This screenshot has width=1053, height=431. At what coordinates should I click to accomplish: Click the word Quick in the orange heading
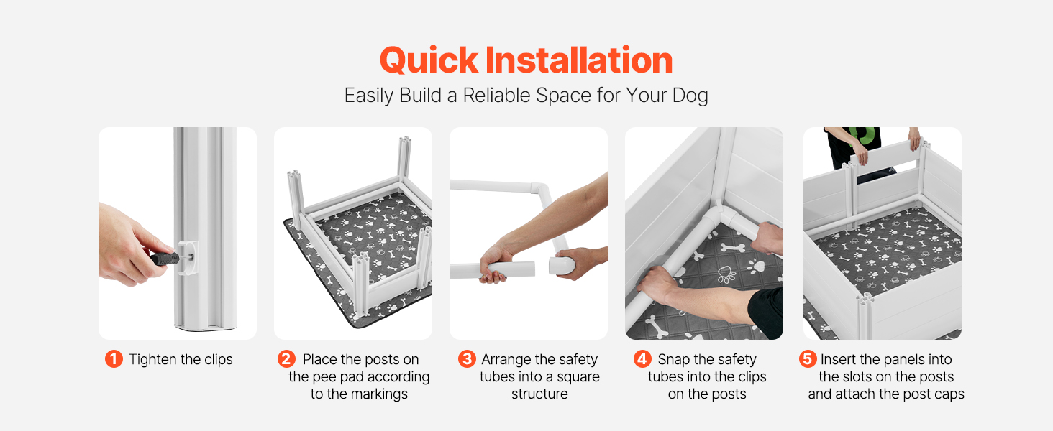(x=429, y=61)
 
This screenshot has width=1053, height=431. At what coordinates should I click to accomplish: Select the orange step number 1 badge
(x=114, y=359)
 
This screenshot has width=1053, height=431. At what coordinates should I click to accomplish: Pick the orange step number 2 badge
(x=286, y=359)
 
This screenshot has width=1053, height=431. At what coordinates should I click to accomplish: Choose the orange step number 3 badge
(x=467, y=359)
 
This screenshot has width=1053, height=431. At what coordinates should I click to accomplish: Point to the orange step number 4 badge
(x=642, y=359)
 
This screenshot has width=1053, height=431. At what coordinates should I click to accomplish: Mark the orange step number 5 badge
(x=808, y=359)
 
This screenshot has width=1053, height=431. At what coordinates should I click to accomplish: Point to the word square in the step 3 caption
(x=578, y=377)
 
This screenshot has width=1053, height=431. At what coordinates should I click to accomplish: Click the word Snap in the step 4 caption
(x=674, y=360)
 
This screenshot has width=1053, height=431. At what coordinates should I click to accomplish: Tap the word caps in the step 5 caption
(x=949, y=394)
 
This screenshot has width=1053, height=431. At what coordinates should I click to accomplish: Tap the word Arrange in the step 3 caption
(x=506, y=360)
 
